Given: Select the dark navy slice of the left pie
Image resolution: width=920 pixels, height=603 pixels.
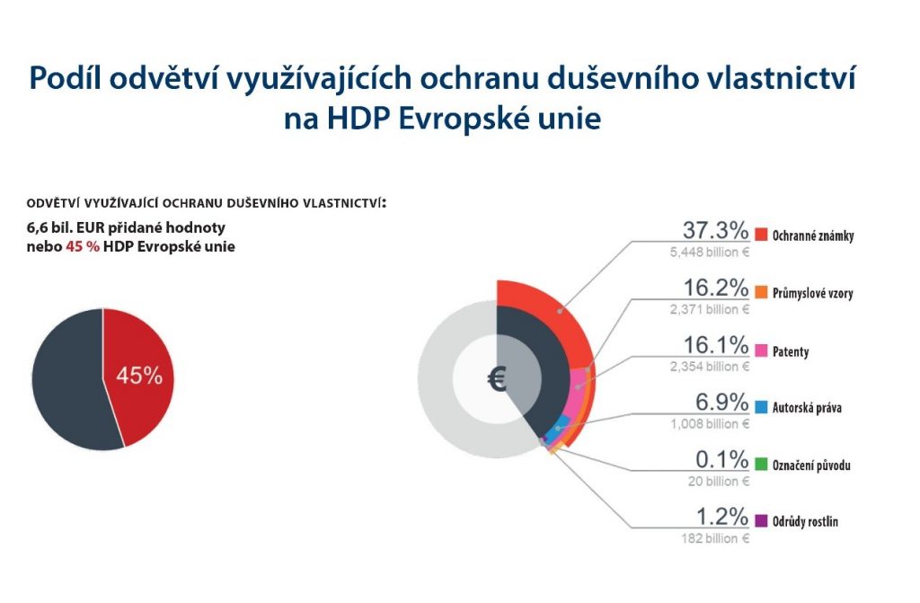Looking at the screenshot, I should [x=67, y=377].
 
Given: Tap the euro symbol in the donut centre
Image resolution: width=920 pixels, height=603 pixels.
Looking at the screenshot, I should [x=497, y=379].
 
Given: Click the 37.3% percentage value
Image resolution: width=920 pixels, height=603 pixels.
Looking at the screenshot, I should [x=715, y=231].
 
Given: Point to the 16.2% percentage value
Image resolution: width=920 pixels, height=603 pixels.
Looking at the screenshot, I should [x=715, y=288].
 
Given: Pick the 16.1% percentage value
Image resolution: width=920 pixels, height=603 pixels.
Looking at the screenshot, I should [x=715, y=346].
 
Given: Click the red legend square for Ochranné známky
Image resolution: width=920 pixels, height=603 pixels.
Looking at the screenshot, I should [x=761, y=235].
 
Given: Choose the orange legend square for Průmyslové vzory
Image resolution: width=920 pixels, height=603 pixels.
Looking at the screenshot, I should [x=761, y=293].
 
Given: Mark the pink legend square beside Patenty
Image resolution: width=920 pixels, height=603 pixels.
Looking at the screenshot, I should [x=761, y=350].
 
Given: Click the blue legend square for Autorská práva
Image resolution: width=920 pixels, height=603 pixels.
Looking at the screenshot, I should [x=761, y=408].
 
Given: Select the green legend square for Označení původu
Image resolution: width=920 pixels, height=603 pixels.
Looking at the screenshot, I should [x=761, y=465].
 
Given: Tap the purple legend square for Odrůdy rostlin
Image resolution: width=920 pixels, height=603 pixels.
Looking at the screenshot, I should [x=761, y=521].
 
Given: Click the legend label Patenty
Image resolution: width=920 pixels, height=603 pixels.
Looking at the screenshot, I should [x=791, y=351].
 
